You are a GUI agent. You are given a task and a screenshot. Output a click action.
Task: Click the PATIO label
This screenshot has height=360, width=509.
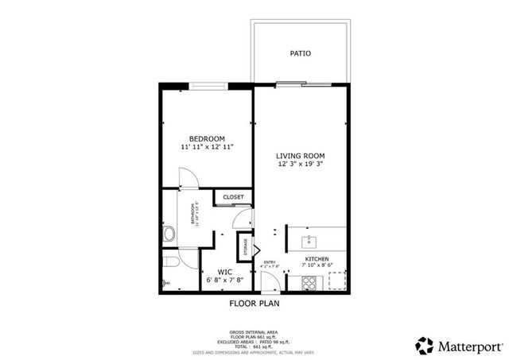(300, 54)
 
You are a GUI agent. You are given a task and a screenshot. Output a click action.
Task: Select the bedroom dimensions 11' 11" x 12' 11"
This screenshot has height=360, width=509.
(207, 147)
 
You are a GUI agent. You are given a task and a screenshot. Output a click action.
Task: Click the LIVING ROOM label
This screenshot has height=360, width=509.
(301, 155)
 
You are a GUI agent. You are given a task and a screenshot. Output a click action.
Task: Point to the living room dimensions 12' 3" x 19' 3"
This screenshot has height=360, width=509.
(301, 165)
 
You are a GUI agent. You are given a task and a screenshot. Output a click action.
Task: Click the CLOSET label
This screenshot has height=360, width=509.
(233, 197)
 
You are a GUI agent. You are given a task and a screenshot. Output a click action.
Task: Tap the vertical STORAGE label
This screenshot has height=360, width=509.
(246, 247)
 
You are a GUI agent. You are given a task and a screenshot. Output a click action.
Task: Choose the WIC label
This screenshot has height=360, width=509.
(225, 271)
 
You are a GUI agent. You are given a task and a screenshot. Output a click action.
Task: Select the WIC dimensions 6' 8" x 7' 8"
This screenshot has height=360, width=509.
(225, 280)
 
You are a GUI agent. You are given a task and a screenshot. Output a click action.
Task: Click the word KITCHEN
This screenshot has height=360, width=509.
(317, 259)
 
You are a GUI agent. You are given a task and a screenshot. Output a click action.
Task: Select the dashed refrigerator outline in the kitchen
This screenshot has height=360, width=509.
(337, 281)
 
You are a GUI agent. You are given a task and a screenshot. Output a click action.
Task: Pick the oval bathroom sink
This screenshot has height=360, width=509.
(169, 234)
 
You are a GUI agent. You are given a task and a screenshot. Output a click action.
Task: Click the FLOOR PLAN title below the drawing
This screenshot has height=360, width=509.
(254, 303)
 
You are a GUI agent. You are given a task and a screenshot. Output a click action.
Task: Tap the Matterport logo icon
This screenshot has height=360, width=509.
(424, 345)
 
